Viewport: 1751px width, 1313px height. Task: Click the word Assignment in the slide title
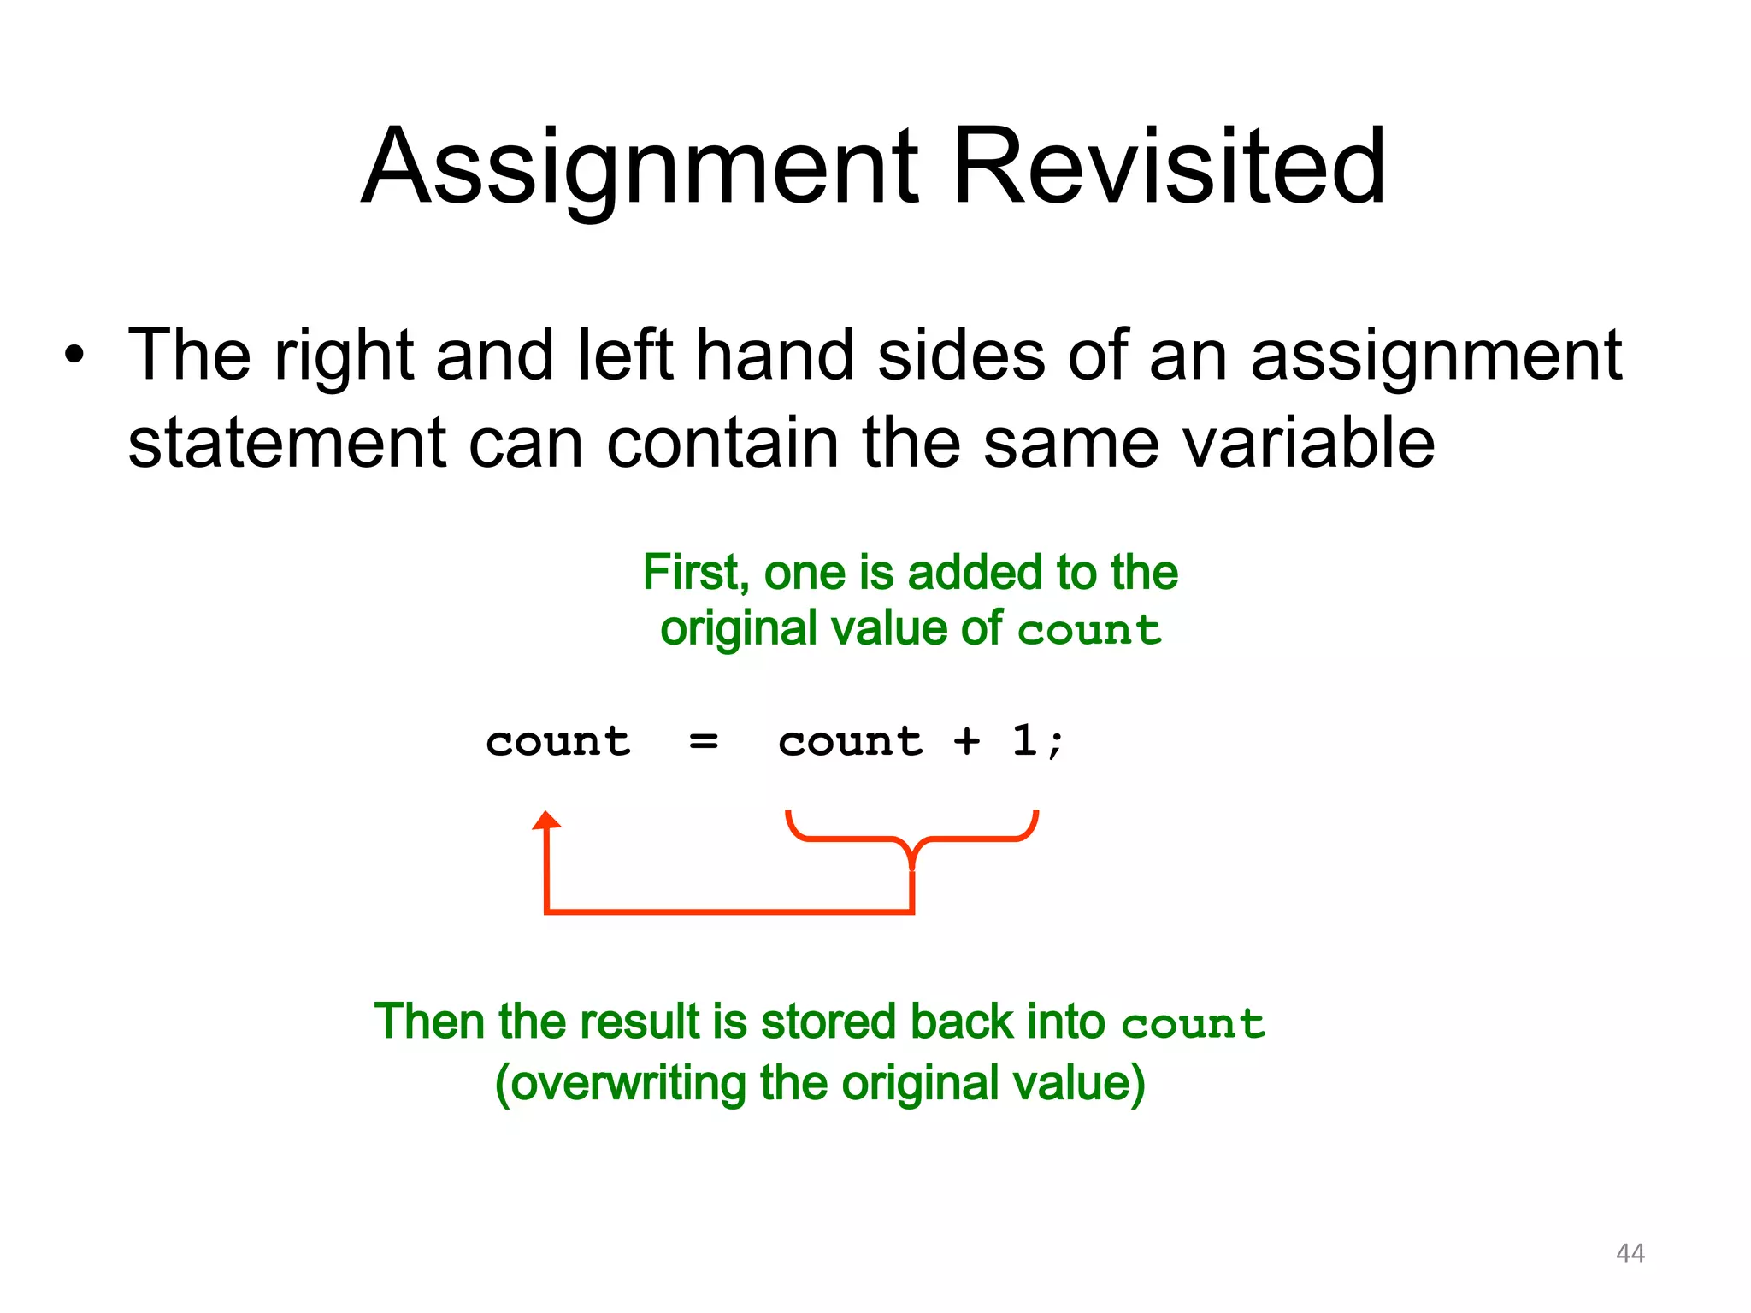coord(640,169)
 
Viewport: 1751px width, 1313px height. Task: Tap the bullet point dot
coord(75,355)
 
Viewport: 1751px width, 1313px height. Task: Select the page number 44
coord(1630,1253)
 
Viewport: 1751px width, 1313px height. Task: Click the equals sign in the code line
coord(704,741)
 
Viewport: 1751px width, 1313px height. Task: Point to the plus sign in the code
coord(967,741)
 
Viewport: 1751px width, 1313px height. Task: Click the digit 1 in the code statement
coord(1024,739)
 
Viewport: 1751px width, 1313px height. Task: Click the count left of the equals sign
coord(558,741)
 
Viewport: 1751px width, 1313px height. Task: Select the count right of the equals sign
coord(851,741)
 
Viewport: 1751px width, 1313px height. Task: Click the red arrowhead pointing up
coord(546,821)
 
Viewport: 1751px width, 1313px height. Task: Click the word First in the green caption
coord(695,572)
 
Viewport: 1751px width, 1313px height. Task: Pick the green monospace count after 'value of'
coord(1090,631)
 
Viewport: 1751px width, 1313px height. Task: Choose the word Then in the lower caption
coord(429,1022)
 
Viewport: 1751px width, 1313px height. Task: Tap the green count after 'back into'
coord(1193,1024)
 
